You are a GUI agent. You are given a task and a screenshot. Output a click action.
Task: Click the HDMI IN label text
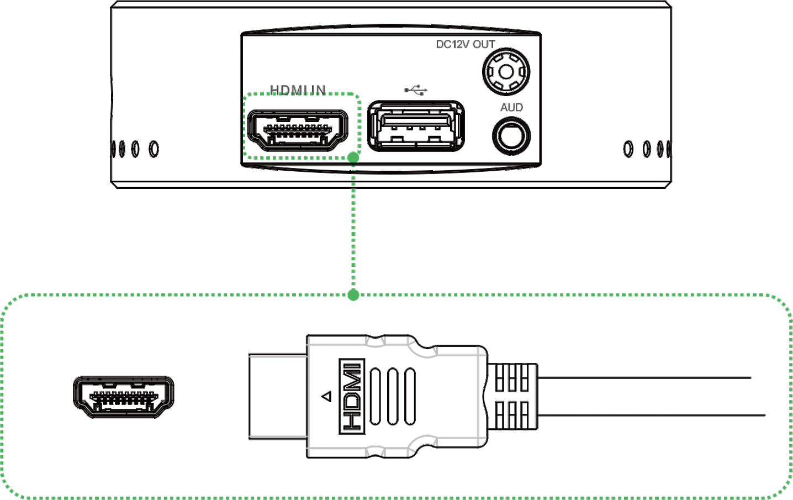[298, 90]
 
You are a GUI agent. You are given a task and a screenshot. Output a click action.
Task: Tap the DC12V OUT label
[465, 44]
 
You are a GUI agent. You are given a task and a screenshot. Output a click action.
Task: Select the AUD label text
[511, 107]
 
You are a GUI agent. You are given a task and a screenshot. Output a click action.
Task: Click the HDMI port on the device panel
[297, 130]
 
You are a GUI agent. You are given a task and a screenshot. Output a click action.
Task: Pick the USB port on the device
[416, 126]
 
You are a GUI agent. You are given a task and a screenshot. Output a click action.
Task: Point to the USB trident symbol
[416, 90]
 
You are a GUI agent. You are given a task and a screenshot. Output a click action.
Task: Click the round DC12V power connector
[506, 72]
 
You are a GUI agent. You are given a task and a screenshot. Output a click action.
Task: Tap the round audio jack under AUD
[511, 136]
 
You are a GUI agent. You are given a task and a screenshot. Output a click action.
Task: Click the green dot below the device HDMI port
[353, 157]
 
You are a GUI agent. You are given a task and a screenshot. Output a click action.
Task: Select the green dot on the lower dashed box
[353, 294]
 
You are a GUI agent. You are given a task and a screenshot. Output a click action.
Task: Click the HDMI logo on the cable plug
[352, 396]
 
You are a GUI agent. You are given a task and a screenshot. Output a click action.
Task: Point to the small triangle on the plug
[326, 396]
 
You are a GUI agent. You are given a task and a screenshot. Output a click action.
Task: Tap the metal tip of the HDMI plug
[278, 397]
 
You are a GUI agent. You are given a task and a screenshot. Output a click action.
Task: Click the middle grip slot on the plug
[393, 396]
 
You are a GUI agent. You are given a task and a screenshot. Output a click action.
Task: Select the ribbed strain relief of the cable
[512, 396]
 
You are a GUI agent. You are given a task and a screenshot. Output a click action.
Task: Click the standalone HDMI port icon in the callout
[124, 397]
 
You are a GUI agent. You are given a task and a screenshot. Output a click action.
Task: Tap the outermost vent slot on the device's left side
[113, 149]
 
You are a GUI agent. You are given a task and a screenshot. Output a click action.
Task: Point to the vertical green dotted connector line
[353, 226]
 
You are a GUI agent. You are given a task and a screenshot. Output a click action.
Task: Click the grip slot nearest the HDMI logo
[376, 396]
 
